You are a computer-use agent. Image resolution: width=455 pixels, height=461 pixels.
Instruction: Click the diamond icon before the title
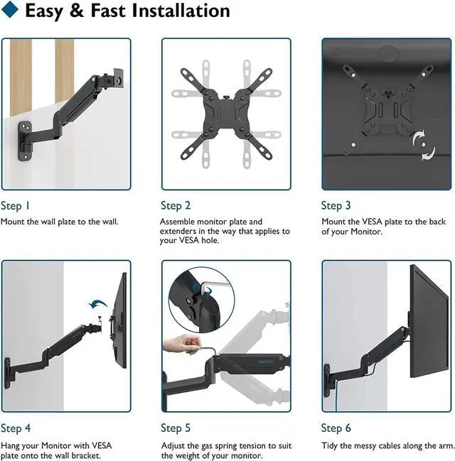click(x=12, y=12)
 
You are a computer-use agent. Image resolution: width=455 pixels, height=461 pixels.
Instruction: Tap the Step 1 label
click(x=16, y=206)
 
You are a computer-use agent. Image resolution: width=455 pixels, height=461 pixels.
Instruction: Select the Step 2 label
click(x=176, y=206)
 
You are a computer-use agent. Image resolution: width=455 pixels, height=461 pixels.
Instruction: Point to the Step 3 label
click(x=336, y=206)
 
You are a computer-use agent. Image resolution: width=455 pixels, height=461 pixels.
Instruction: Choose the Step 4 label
click(x=16, y=428)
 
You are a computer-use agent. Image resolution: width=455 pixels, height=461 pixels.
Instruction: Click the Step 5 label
click(x=176, y=428)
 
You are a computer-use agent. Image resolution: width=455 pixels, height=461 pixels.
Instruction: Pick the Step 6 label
click(x=336, y=428)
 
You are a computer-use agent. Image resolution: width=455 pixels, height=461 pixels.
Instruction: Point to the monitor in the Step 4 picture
click(x=119, y=320)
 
